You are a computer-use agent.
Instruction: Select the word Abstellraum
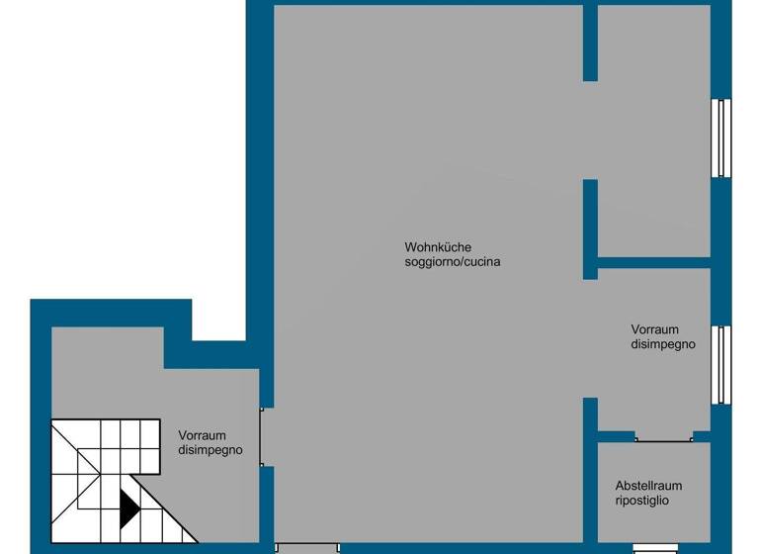(648, 486)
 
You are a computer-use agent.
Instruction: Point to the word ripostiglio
(642, 502)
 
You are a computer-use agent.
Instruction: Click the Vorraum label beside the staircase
(203, 434)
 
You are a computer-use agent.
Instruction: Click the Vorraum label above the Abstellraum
(655, 328)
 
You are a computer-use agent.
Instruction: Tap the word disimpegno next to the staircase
(211, 449)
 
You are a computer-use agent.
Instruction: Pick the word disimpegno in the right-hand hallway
(663, 344)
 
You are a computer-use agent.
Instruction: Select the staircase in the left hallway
(104, 475)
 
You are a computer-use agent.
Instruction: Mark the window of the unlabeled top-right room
(722, 138)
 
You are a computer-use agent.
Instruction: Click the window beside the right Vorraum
(722, 364)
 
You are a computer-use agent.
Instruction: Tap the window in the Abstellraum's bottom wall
(654, 547)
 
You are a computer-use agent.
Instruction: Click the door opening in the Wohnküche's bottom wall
(306, 547)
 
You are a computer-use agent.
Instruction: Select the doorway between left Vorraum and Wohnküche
(263, 436)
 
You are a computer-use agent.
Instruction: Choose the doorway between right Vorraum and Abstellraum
(663, 436)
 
